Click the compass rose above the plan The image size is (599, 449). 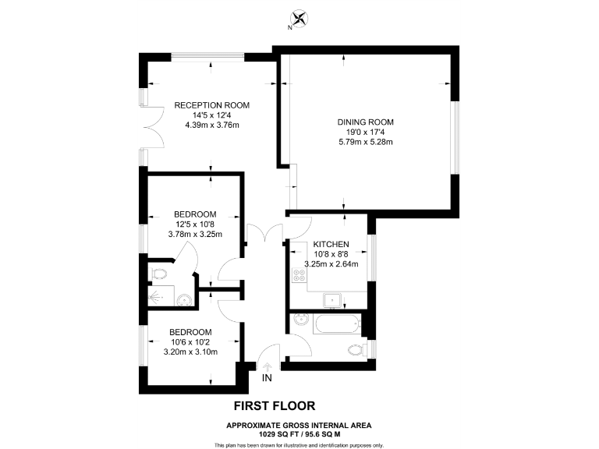(297, 18)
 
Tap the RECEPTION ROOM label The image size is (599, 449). (211, 105)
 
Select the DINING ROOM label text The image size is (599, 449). (365, 122)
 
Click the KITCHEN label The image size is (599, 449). (331, 245)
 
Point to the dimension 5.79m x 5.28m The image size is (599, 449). (365, 142)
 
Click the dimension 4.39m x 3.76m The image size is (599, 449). (211, 125)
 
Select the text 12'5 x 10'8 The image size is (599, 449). (195, 224)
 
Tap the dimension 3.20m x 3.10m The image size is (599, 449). (190, 352)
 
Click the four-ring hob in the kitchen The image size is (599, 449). (297, 275)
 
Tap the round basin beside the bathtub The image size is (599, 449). (299, 320)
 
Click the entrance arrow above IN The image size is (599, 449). (267, 366)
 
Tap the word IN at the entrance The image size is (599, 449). (267, 379)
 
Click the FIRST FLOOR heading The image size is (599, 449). (275, 405)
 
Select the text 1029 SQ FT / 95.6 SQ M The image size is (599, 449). (299, 433)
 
